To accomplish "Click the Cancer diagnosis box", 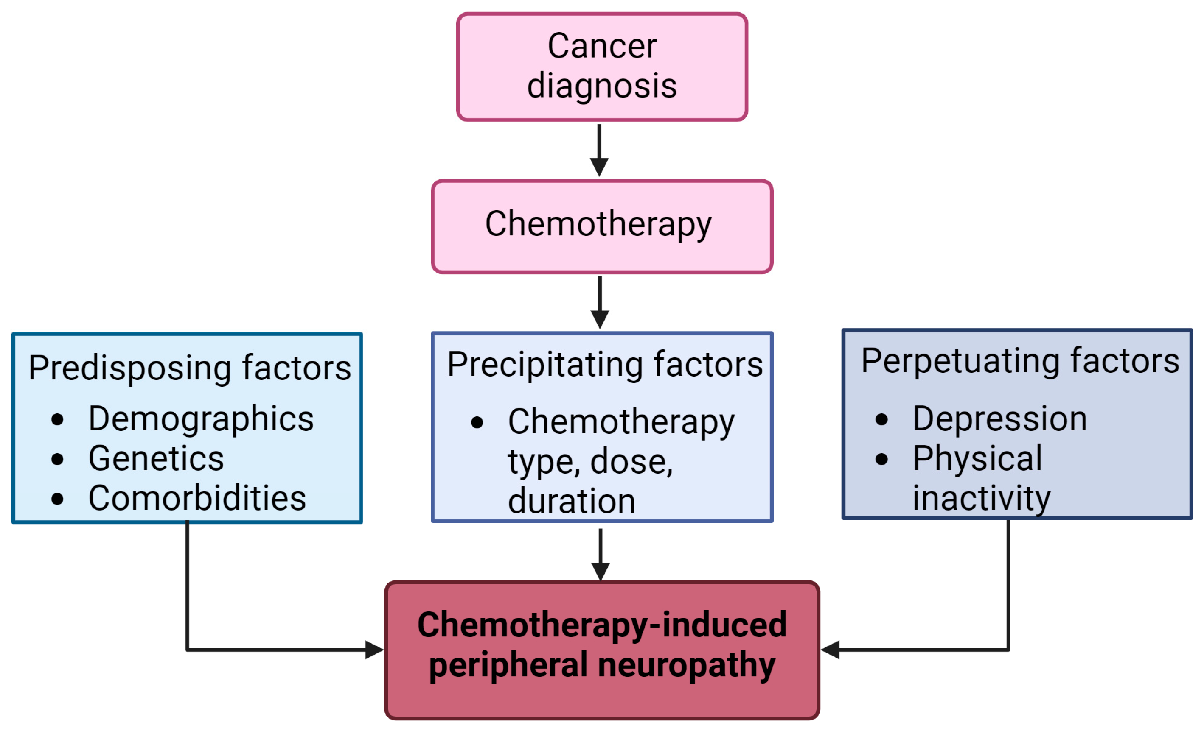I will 602,67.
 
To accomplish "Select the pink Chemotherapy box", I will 602,226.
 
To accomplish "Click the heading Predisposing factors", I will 190,368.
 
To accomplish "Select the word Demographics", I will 201,419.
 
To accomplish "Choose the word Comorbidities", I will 197,499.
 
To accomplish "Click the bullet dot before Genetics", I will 57,459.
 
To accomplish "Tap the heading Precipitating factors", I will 605,365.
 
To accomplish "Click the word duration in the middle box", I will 571,502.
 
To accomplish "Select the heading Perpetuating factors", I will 1020,361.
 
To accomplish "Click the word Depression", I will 1000,419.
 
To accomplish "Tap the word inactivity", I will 981,499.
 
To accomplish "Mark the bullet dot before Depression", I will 881,419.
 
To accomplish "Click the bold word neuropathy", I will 687,665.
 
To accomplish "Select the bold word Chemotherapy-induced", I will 602,625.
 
